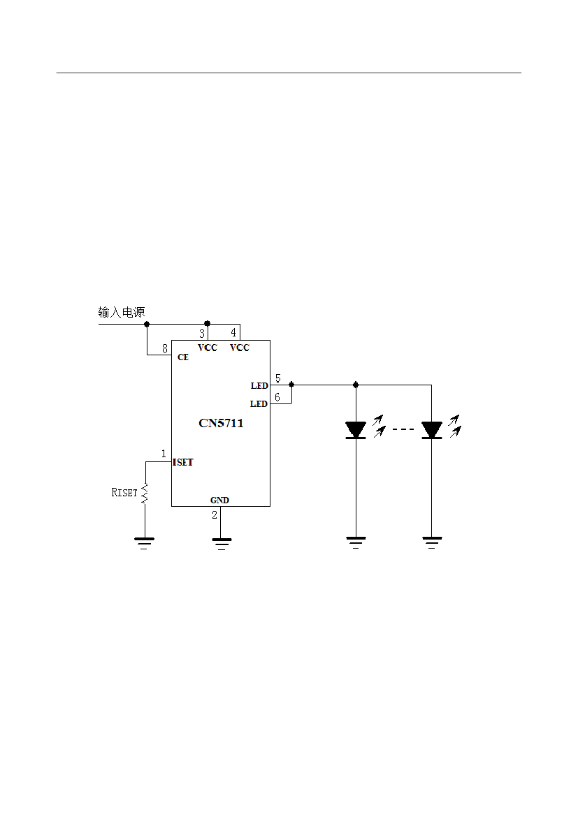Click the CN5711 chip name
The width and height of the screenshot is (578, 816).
pyautogui.click(x=221, y=423)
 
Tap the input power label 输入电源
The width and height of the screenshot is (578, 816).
pyautogui.click(x=122, y=312)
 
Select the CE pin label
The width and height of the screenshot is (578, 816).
pyautogui.click(x=183, y=357)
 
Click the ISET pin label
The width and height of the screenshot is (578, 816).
pyautogui.click(x=183, y=462)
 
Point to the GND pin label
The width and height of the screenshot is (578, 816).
pyautogui.click(x=219, y=500)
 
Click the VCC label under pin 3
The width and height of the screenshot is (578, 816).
pyautogui.click(x=208, y=348)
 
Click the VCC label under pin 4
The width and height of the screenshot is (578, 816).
pyautogui.click(x=239, y=348)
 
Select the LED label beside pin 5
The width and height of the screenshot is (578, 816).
pyautogui.click(x=259, y=386)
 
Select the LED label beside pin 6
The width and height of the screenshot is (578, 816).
pyautogui.click(x=259, y=404)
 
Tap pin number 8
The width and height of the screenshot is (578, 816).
pyautogui.click(x=165, y=348)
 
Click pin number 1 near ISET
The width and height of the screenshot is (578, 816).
pyautogui.click(x=164, y=454)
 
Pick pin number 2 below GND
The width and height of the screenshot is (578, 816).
pyautogui.click(x=215, y=514)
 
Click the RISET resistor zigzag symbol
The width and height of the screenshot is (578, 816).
pyautogui.click(x=145, y=494)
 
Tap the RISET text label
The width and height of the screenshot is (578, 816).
pyautogui.click(x=124, y=493)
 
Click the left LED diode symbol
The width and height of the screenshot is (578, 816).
pyautogui.click(x=356, y=430)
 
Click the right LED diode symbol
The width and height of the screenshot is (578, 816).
pyautogui.click(x=431, y=430)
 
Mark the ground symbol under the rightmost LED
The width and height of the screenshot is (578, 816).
pyautogui.click(x=431, y=542)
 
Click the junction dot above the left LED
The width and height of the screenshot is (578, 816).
pyautogui.click(x=356, y=385)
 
